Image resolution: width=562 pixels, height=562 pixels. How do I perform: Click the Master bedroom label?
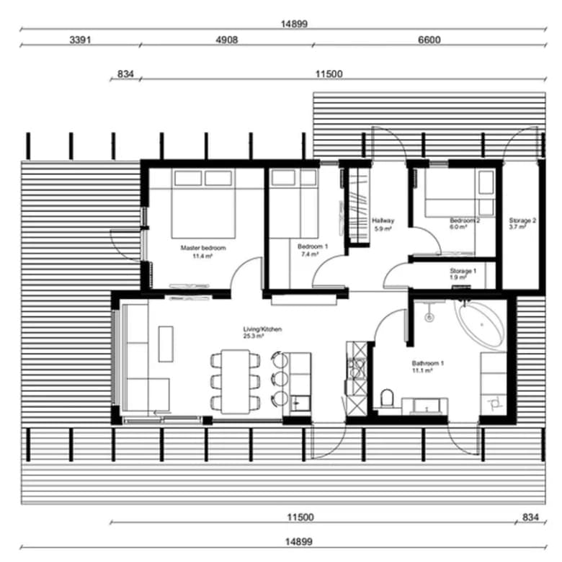[203, 248]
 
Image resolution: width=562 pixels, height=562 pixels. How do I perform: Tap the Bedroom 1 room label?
[313, 246]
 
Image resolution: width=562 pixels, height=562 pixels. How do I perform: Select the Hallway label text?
[383, 220]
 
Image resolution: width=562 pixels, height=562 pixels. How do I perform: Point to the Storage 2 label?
[522, 220]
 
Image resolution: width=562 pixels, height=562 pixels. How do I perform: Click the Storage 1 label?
[463, 271]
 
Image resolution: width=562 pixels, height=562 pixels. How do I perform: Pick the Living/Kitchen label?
[262, 329]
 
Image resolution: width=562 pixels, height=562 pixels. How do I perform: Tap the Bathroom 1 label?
[427, 363]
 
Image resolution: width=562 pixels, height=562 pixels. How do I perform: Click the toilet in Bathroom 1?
[387, 398]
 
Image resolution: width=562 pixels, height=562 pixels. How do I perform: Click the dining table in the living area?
[235, 382]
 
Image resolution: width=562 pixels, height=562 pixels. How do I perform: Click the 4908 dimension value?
[226, 40]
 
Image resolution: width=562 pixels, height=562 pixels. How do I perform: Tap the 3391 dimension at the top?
[80, 40]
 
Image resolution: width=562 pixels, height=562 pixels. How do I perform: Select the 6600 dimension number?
[429, 40]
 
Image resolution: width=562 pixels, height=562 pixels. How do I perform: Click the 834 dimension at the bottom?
[530, 517]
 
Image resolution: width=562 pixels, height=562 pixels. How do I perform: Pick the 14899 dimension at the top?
[294, 24]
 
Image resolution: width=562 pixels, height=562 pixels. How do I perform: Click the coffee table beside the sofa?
[166, 344]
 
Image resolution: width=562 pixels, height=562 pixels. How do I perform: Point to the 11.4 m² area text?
[202, 256]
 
